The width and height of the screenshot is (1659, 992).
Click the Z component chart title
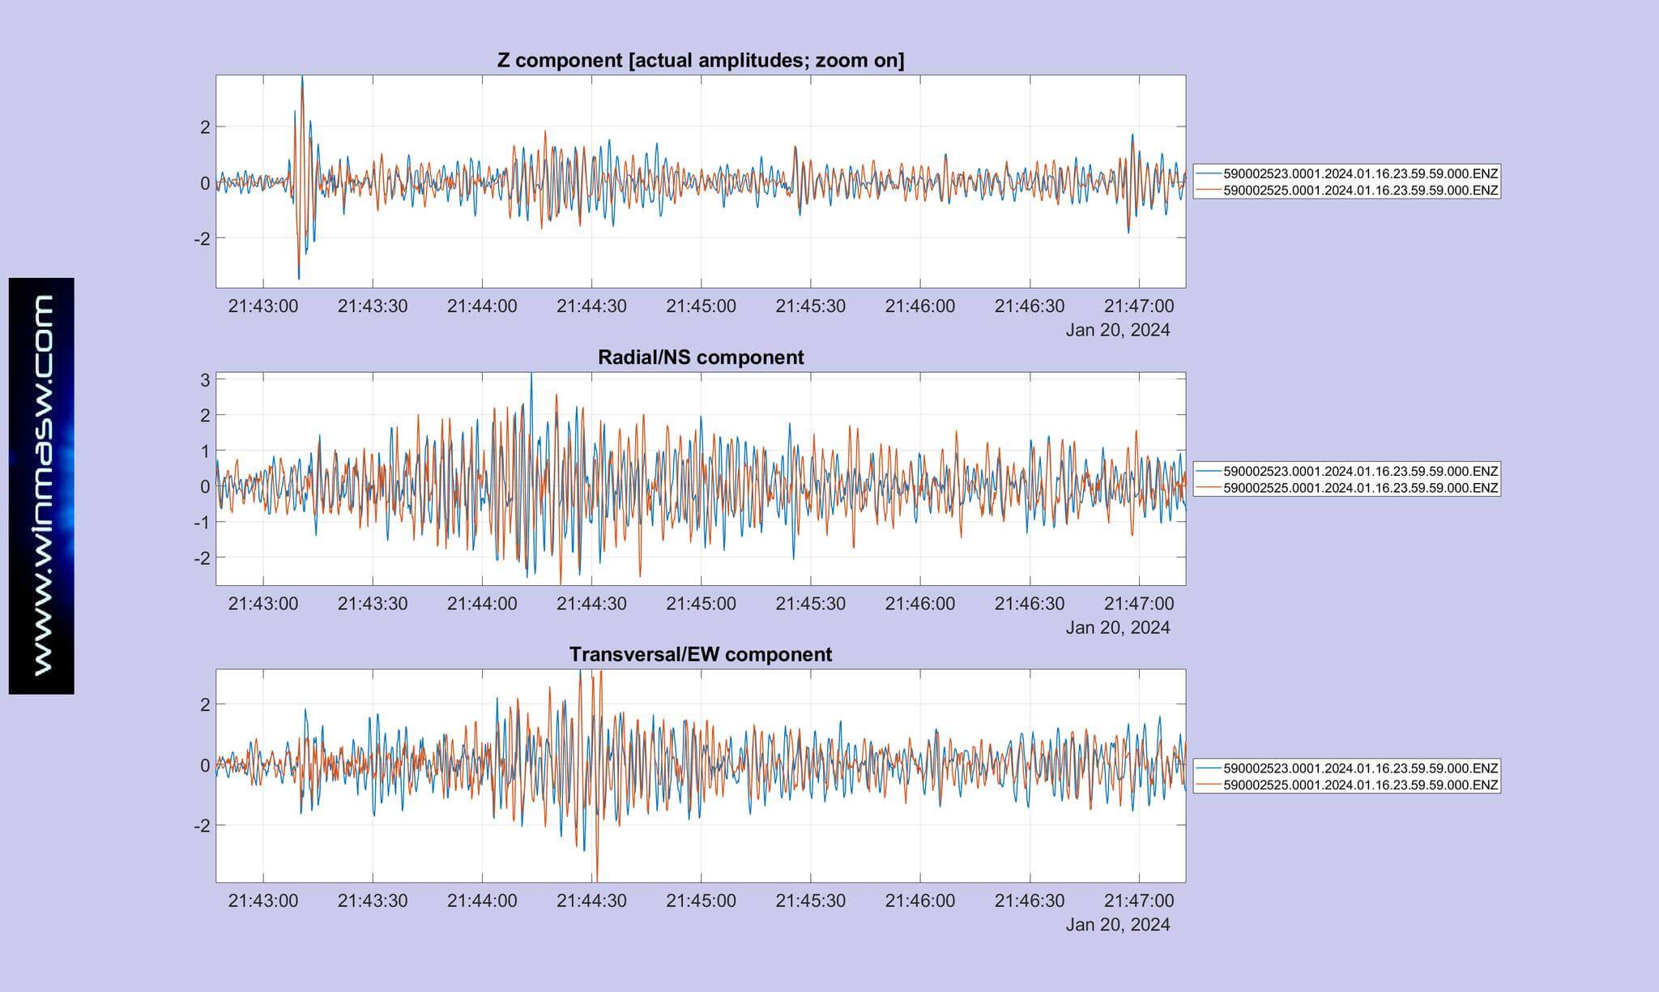click(700, 61)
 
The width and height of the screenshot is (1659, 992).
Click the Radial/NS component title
click(700, 357)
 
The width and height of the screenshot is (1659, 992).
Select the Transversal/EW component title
click(700, 655)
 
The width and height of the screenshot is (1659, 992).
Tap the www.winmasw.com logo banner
click(41, 485)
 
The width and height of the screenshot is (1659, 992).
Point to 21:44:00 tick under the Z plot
click(482, 306)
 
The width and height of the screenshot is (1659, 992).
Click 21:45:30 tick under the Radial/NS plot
click(810, 604)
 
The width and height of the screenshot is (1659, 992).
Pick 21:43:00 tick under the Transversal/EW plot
click(263, 900)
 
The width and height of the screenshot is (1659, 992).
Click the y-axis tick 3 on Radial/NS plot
click(205, 380)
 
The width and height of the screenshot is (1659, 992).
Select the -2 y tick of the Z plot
click(202, 239)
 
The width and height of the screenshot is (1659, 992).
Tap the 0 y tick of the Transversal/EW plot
click(205, 765)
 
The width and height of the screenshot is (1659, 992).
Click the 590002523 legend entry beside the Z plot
click(1359, 173)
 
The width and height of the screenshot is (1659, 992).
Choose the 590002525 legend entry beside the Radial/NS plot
click(1359, 488)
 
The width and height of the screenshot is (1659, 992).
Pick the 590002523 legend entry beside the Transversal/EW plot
click(1359, 768)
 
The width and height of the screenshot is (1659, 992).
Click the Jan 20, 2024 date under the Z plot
click(1117, 330)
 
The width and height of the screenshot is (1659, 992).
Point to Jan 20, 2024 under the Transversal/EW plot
click(1117, 925)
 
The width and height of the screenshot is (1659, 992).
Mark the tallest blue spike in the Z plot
click(302, 78)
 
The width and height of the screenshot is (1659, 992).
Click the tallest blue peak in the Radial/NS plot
click(531, 375)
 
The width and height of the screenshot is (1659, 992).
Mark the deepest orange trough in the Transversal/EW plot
click(597, 879)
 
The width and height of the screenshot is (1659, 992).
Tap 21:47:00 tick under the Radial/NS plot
click(1139, 604)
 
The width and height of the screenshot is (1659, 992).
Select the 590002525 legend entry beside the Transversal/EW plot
click(1359, 785)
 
